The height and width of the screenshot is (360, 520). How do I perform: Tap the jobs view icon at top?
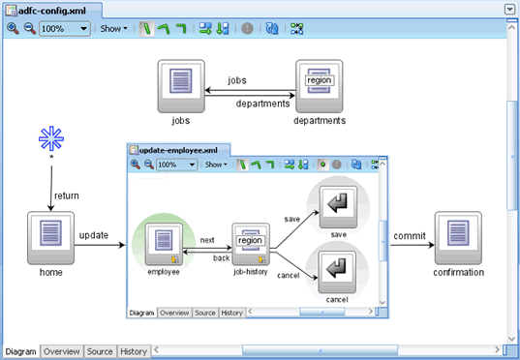click(x=180, y=85)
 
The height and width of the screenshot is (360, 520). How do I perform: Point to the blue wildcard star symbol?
click(x=50, y=138)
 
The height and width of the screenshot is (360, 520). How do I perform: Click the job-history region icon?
click(x=250, y=243)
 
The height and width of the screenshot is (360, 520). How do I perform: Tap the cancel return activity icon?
click(x=337, y=270)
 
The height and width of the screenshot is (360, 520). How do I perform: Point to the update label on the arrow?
click(x=93, y=234)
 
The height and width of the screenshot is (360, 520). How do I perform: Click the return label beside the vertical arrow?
click(x=67, y=195)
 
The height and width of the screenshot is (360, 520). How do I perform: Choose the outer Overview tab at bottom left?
click(x=61, y=351)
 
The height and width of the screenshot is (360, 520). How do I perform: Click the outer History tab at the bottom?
click(x=134, y=351)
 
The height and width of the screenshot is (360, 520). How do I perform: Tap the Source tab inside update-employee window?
click(x=204, y=313)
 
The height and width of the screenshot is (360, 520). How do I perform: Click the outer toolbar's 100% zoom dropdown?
click(x=66, y=29)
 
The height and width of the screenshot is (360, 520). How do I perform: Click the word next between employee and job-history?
click(x=207, y=239)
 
